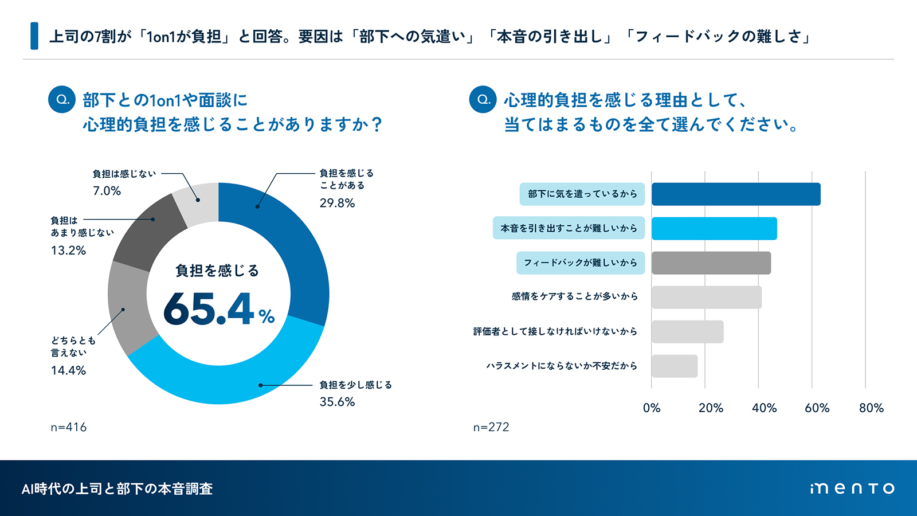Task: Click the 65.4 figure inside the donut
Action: coord(209,309)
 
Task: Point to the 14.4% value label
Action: coord(68,370)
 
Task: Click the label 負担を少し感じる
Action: coord(355,385)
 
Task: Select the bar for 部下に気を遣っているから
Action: coord(736,194)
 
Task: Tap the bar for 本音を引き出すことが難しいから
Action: coord(714,228)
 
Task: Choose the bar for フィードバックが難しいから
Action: coord(711,263)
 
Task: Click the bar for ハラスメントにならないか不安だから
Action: coord(675,366)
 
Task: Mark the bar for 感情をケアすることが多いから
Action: coord(706,297)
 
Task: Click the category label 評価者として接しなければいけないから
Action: coord(555,331)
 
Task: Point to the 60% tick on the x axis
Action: coord(817,408)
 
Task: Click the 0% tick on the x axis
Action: coord(652,408)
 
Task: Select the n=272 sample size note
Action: coord(491,427)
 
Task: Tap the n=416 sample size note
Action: coord(69,427)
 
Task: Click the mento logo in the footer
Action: coord(852,488)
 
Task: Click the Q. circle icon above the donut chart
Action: coord(62,99)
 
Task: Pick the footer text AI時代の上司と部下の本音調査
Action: coord(117,488)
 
